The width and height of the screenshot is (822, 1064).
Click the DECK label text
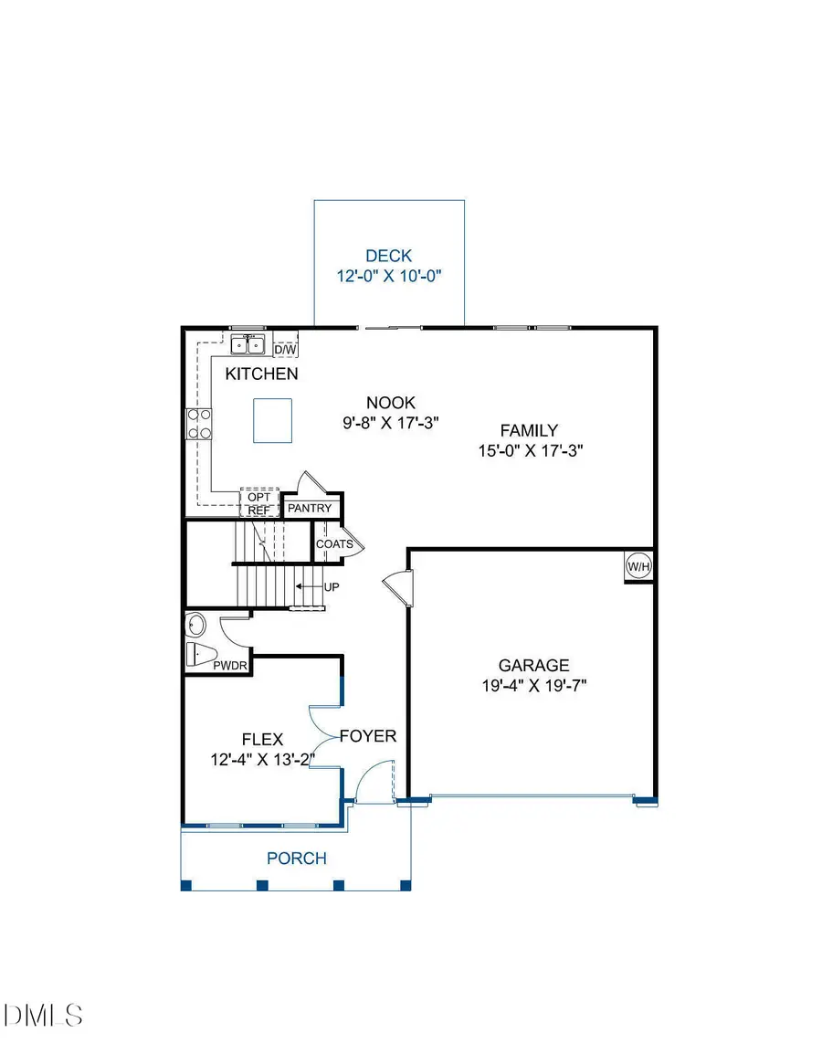(389, 256)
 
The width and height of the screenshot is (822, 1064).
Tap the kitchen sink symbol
(248, 344)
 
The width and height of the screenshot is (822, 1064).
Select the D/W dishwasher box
(286, 348)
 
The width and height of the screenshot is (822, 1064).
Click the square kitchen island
(273, 419)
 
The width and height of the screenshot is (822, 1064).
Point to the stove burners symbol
(200, 425)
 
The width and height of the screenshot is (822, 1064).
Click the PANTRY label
(312, 508)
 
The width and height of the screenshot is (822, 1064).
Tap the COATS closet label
(333, 544)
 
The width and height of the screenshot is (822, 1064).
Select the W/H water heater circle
(638, 566)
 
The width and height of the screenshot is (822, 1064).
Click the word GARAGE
(533, 666)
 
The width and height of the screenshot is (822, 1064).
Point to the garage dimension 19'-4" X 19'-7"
(533, 686)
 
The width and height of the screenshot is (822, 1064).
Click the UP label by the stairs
(331, 586)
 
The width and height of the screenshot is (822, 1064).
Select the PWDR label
(230, 666)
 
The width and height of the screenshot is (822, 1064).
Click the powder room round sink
(196, 626)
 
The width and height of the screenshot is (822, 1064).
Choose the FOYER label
(368, 736)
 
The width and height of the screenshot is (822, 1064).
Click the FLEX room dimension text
(262, 758)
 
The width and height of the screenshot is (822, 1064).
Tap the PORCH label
(296, 859)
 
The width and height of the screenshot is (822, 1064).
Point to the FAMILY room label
(528, 430)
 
